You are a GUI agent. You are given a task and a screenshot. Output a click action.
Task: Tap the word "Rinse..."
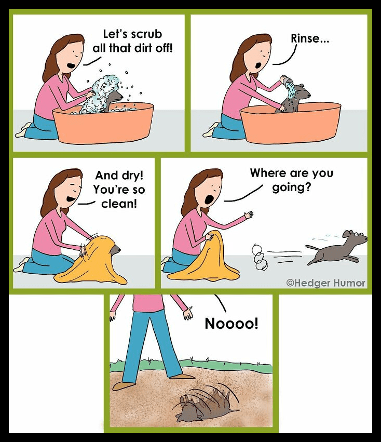coord(310,38)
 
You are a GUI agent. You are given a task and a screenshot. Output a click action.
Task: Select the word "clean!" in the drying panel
coord(119,203)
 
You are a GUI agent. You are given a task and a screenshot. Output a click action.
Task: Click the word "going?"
coord(291,187)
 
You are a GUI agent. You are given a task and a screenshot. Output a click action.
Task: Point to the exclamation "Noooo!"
coord(232,324)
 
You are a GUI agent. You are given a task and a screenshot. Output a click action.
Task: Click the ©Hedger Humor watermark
coord(326,283)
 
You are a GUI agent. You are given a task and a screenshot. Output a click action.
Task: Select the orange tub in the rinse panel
coord(291,123)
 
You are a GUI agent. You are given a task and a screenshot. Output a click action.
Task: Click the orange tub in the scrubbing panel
coord(103,123)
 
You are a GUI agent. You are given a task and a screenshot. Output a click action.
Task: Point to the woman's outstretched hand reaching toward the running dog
coord(249,215)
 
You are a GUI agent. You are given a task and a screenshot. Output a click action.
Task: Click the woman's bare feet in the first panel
coord(24,130)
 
